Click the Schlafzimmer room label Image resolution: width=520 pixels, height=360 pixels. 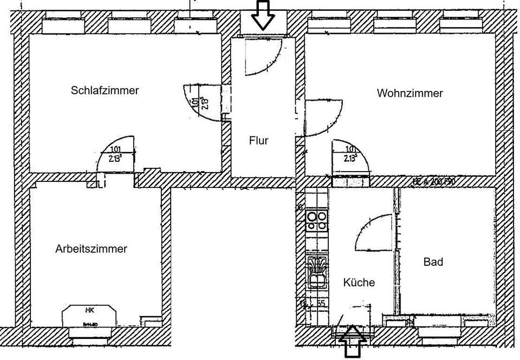(105, 90)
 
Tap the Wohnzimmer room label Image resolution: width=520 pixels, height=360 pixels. (409, 93)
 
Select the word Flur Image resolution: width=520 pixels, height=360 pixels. (258, 141)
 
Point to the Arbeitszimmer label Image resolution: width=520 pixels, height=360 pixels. (91, 249)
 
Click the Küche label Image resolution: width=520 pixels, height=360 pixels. (359, 282)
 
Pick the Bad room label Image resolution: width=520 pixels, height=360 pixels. (433, 262)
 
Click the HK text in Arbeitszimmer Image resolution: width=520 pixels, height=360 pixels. (90, 310)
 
